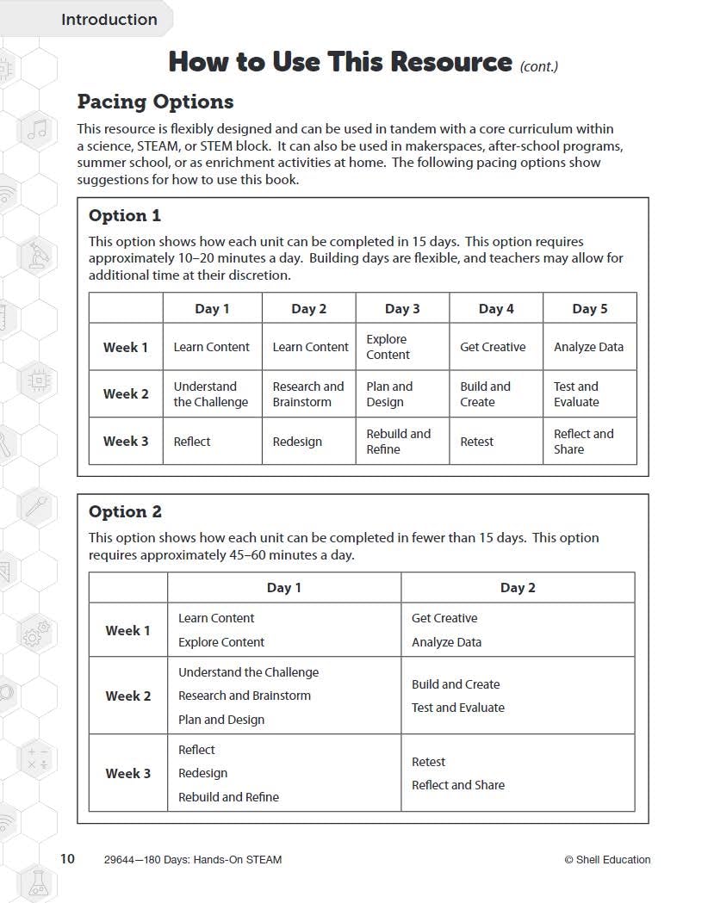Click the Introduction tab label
pos(109,19)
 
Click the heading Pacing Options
pos(155,102)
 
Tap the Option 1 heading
pos(125,215)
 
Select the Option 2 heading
pos(125,511)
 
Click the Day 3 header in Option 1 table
pos(402,308)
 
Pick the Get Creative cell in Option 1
pos(493,347)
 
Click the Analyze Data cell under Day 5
pos(588,347)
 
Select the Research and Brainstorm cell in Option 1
pos(308,394)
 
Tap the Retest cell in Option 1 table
pos(477,442)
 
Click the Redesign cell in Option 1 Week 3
pos(297,442)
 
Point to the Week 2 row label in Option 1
pos(126,394)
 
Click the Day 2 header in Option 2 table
pos(518,587)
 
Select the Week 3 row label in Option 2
pos(128,773)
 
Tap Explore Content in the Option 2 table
pos(221,642)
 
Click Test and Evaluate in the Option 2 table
pos(458,708)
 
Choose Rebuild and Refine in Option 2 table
pos(228,797)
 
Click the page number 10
pos(67,858)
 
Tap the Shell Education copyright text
pos(607,859)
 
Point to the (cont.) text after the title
pos(539,66)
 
